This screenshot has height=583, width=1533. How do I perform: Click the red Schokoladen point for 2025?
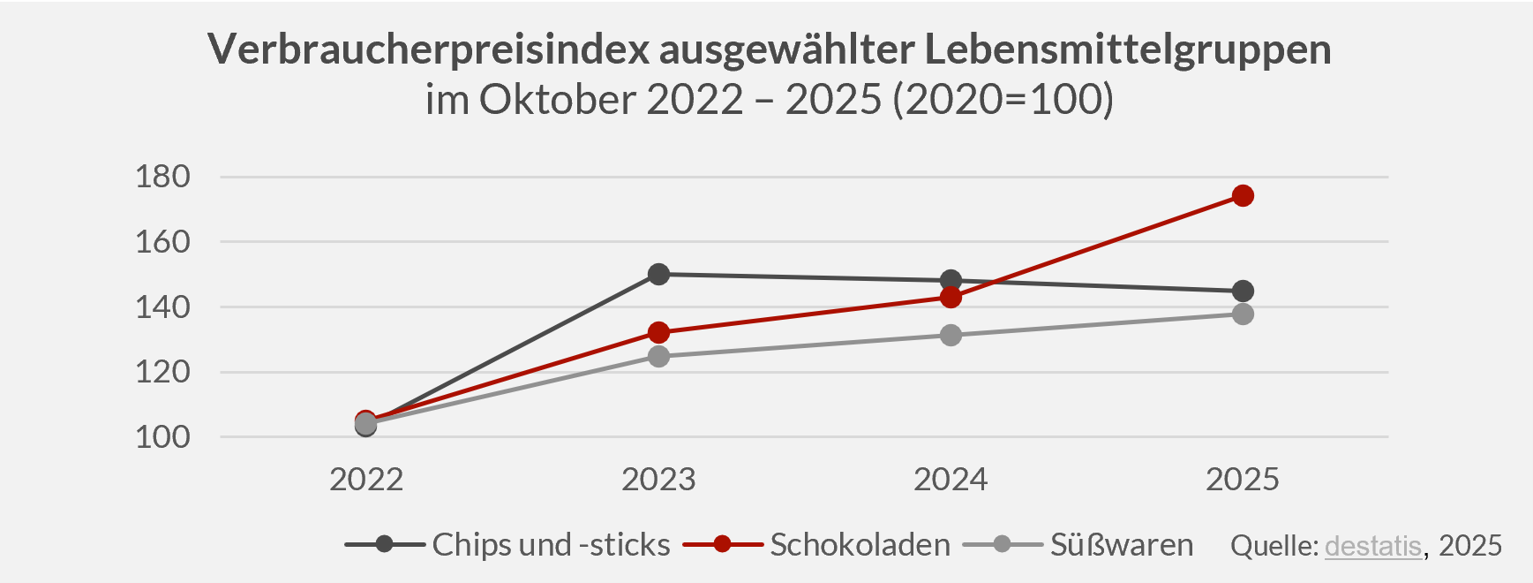[1243, 195]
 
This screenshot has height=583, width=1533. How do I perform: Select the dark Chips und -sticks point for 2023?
[658, 274]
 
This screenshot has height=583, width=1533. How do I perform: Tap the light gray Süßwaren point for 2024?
[951, 335]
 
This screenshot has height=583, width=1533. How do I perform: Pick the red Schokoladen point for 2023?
[658, 332]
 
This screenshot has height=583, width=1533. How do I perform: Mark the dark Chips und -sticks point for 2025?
[1243, 291]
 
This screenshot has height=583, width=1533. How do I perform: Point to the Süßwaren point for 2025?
[1243, 314]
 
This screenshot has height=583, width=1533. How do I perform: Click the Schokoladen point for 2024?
[951, 297]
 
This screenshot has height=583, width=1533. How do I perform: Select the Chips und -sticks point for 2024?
[951, 281]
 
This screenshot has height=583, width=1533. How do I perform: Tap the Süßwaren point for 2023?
[658, 356]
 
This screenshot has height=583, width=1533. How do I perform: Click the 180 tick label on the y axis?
[162, 177]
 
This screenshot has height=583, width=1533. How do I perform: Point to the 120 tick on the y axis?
[162, 372]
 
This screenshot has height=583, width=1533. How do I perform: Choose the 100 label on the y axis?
[162, 436]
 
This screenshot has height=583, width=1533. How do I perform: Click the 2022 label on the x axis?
[366, 480]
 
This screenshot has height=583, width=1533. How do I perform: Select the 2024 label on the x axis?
[951, 480]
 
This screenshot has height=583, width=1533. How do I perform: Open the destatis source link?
[1372, 546]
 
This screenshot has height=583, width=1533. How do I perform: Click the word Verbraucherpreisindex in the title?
[429, 49]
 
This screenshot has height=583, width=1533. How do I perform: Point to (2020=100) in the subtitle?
[1003, 99]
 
